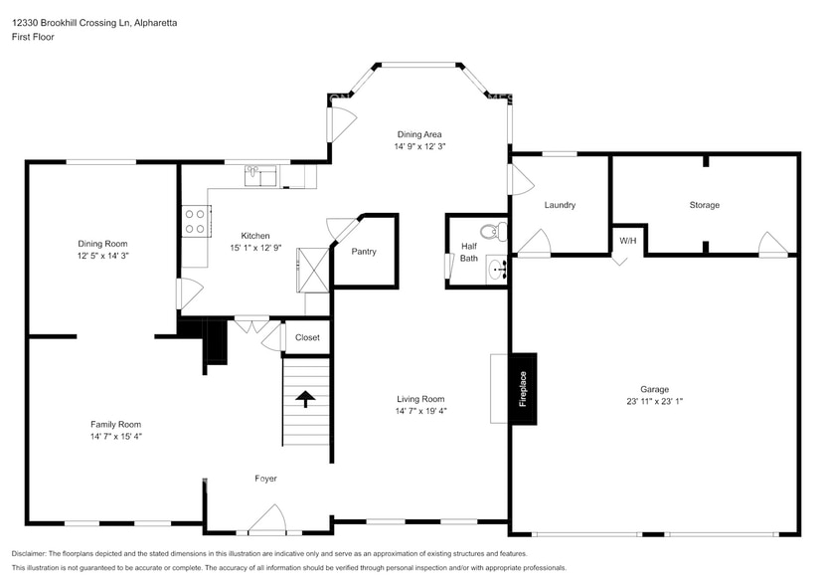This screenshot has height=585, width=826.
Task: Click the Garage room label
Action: coord(654,389)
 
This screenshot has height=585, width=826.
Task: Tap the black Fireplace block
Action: coord(522,388)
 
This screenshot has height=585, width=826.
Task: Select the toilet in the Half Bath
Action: coord(500,232)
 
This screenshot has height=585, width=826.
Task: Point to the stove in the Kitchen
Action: coord(195,221)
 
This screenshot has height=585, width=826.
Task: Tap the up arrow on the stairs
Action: coord(306,400)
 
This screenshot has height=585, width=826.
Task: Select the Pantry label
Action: coord(364,252)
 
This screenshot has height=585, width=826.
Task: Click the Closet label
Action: coord(307,337)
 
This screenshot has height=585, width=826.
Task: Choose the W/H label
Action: coord(628,241)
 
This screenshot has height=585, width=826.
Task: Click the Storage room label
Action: coord(704,205)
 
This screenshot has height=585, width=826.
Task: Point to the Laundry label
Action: coord(560,205)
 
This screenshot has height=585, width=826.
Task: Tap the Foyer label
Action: coord(265,479)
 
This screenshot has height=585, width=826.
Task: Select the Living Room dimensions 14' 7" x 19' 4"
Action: coord(420,410)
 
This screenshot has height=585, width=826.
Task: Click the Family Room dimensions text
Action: coord(116,436)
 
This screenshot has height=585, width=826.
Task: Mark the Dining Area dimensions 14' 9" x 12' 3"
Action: coord(419,146)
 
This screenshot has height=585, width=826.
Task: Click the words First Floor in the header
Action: coord(33,37)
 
